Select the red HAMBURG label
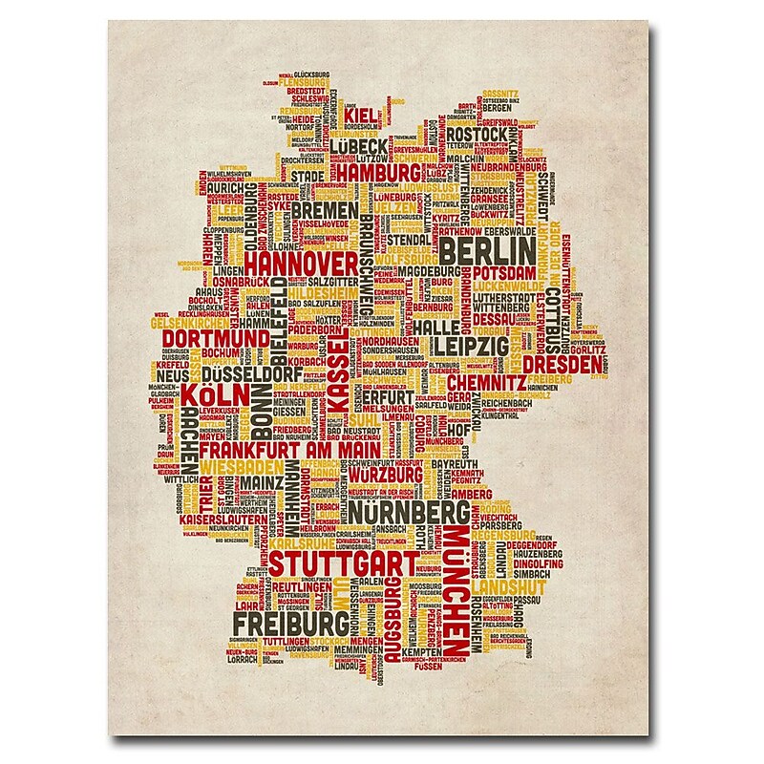pyautogui.click(x=379, y=173)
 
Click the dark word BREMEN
pyautogui.click(x=325, y=209)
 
